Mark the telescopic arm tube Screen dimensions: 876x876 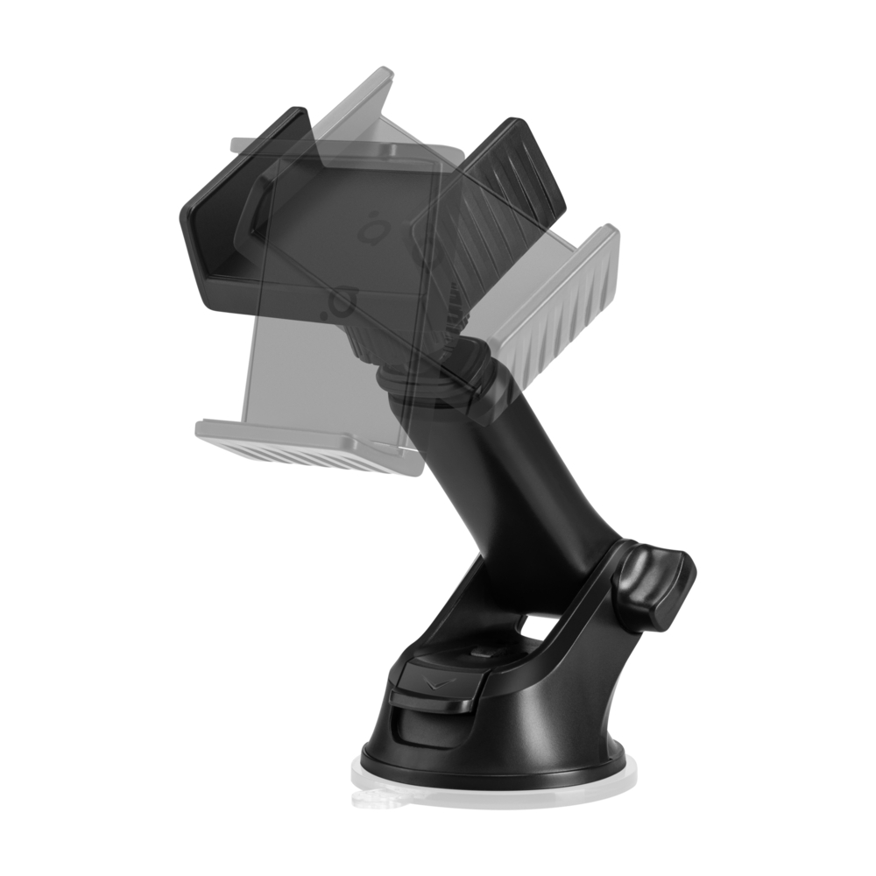click(526, 491)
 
